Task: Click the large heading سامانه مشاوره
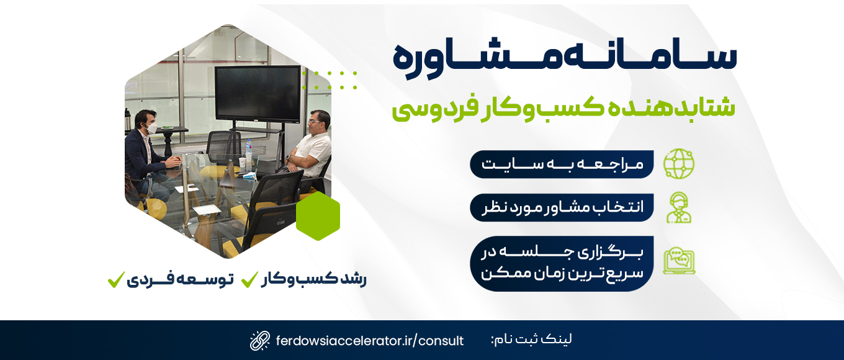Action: [565, 59]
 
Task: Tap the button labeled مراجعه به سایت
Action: [562, 164]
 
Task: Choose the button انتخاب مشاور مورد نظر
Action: [562, 208]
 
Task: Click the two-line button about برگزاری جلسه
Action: [562, 264]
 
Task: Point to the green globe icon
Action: [678, 164]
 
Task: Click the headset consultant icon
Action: [678, 208]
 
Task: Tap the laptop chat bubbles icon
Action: [679, 261]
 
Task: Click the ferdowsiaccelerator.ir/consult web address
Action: [370, 341]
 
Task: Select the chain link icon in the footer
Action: [260, 341]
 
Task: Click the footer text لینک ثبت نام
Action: [531, 340]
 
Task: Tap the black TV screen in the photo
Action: [258, 94]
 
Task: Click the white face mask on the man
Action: [151, 128]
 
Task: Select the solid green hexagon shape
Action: [318, 216]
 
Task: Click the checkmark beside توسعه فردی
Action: [116, 280]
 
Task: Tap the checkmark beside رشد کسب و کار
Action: [249, 280]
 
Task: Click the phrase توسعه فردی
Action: [180, 280]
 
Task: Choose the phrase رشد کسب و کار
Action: [313, 280]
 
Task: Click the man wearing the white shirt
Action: [309, 147]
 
